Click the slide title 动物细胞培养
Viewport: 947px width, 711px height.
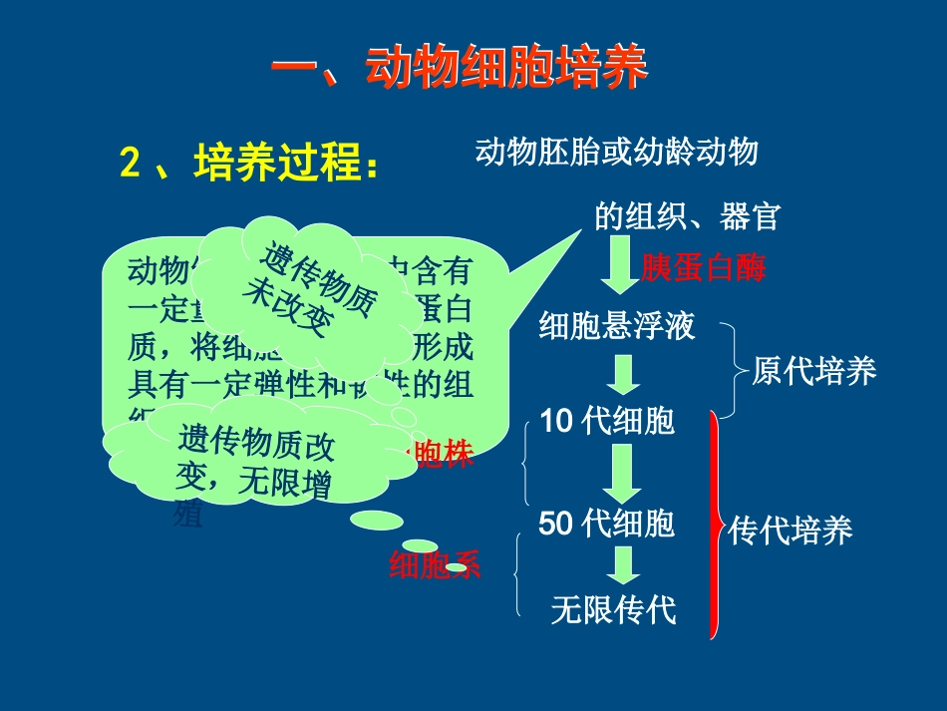pos(460,69)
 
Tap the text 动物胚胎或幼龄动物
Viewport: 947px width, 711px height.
pos(617,152)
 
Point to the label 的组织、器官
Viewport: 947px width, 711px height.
pos(687,215)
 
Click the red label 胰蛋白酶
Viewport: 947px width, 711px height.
pos(705,268)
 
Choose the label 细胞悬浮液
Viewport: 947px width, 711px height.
pos(616,326)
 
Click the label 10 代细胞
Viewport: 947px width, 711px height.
pos(607,421)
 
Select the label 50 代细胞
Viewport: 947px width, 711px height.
pos(607,523)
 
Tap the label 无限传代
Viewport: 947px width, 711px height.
pos(614,608)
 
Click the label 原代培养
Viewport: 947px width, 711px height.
pos(814,371)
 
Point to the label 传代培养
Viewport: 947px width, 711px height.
pos(790,531)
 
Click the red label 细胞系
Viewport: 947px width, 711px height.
pos(435,565)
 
